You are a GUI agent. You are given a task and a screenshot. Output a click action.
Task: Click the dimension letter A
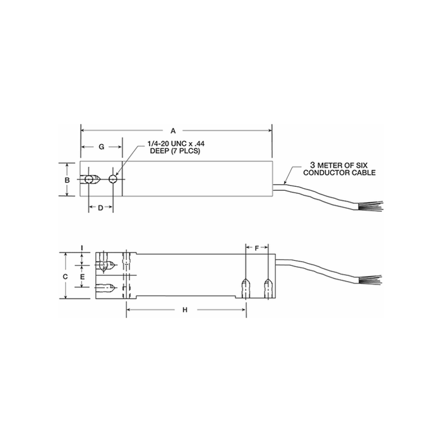(x=173, y=131)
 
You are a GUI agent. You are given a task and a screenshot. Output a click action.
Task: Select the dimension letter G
(x=102, y=147)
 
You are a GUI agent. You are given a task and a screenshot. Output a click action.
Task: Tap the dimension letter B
(x=67, y=180)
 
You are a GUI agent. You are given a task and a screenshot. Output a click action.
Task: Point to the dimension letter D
(x=100, y=208)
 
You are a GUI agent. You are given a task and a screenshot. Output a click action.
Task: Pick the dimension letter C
(x=65, y=277)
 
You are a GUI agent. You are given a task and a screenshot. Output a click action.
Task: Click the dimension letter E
(x=82, y=277)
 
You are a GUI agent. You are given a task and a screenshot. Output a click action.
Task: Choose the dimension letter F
(x=257, y=248)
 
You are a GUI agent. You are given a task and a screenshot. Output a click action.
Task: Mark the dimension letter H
(x=185, y=310)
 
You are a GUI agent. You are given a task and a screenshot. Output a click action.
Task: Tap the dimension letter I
(x=81, y=248)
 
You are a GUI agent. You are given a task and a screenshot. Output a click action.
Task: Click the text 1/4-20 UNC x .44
(x=176, y=144)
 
